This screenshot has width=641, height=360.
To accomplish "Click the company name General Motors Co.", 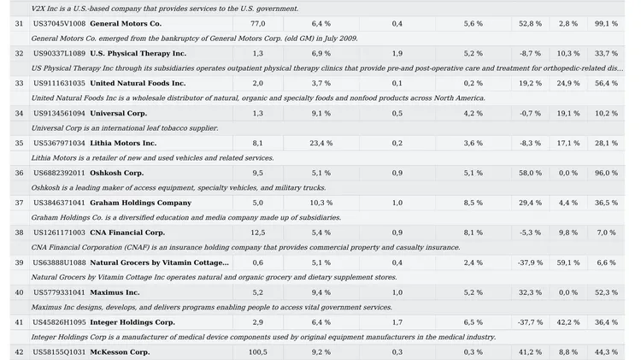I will (x=125, y=23).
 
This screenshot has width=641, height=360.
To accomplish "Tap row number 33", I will (x=19, y=83).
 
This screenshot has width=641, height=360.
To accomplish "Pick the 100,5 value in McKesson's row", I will (x=256, y=352).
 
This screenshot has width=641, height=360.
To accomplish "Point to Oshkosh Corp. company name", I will (x=116, y=173).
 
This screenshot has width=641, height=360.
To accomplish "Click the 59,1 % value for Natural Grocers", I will (x=568, y=263).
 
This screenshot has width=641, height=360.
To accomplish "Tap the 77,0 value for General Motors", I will (x=257, y=23).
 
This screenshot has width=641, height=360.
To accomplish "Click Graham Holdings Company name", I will (x=140, y=203).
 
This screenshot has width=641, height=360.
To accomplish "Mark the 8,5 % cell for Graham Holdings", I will (x=473, y=203).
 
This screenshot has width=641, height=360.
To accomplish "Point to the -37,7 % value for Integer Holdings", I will (x=530, y=322).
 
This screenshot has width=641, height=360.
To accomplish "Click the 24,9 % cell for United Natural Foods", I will (x=568, y=83).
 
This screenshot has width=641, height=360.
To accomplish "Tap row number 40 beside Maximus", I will (x=19, y=292).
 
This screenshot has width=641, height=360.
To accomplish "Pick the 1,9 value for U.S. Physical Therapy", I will (x=397, y=53).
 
